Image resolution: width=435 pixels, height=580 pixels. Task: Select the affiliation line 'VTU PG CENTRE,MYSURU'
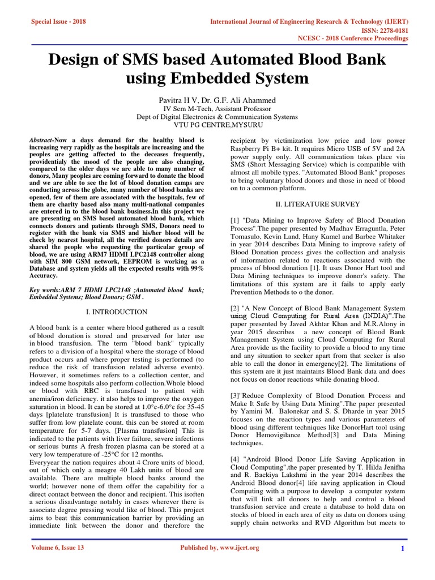pos(217,125)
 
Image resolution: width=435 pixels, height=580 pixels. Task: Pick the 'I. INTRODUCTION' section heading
pos(117,312)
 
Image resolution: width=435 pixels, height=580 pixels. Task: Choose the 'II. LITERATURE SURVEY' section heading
pos(318,203)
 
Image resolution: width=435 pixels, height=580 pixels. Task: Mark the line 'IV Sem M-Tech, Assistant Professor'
pos(217,109)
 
